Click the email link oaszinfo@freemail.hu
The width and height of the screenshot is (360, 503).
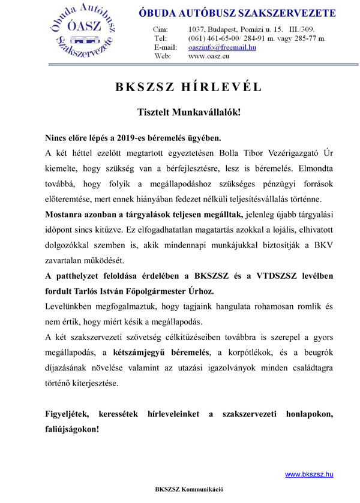pos(222,47)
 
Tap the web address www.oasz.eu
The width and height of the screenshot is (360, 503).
pos(209,56)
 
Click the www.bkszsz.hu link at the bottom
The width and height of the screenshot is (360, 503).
pos(308,474)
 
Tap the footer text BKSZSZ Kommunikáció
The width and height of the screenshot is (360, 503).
pos(189,489)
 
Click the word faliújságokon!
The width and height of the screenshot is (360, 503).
pos(73,429)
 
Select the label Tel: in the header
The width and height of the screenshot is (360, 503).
pos(160,38)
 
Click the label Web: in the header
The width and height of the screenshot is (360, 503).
pos(163,56)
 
